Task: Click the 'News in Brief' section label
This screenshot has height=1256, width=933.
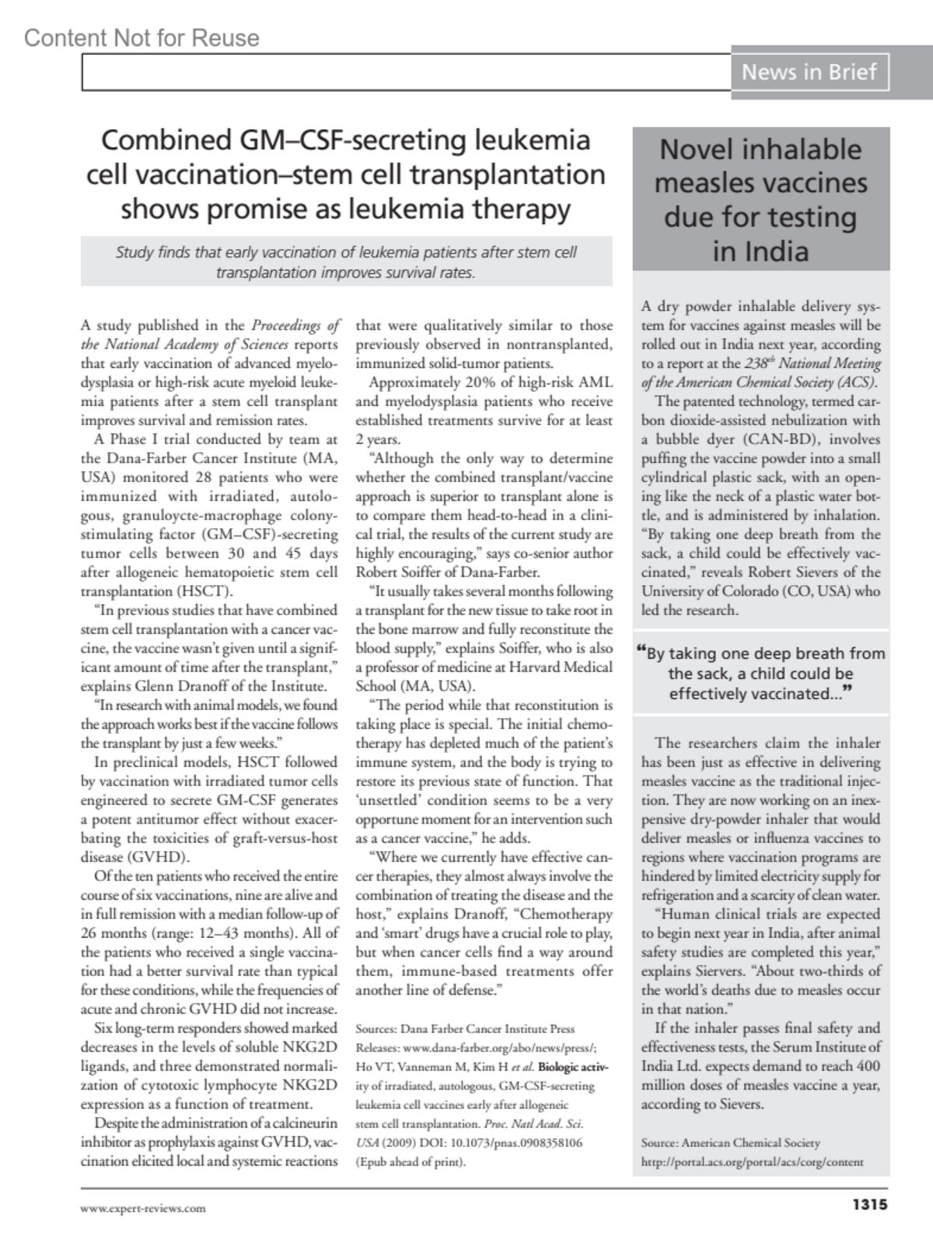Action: pos(809,72)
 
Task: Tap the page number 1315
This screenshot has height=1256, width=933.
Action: pos(869,1206)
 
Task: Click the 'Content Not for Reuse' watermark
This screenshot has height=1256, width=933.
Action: pos(142,37)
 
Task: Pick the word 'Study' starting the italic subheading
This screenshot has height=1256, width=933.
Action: pos(133,253)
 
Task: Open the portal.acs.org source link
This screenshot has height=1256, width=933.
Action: pos(752,1162)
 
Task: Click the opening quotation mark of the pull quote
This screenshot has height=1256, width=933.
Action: pos(641,651)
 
